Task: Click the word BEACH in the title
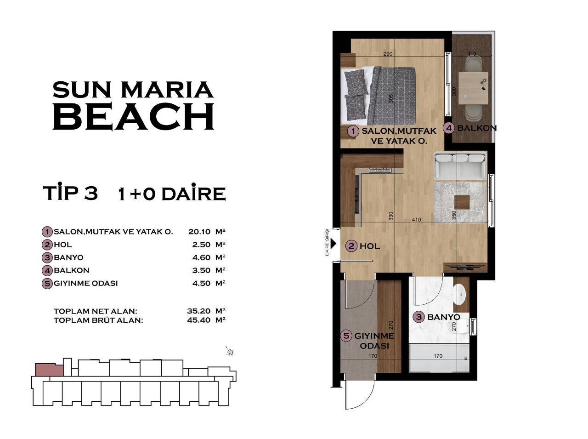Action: pos(134,116)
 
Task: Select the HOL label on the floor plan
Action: pos(370,246)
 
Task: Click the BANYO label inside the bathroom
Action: pos(443,317)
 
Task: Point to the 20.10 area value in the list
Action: pos(199,232)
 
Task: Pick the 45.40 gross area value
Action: pos(199,320)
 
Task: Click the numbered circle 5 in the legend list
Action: pos(47,283)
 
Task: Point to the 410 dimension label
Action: pos(416,220)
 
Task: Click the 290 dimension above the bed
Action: pos(388,54)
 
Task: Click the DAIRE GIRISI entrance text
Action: pos(327,242)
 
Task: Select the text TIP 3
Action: pos(70,194)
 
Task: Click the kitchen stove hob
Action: pos(380,171)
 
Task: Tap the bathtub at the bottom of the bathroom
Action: pos(438,359)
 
